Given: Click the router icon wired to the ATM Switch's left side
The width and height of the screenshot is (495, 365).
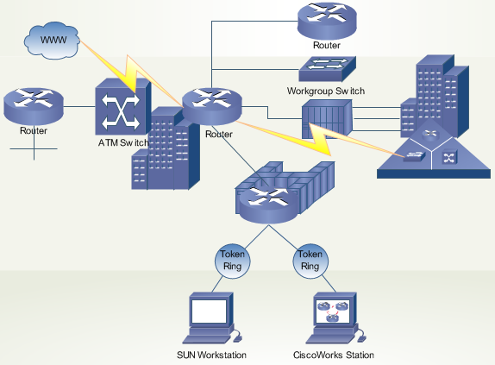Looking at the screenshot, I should click(34, 104).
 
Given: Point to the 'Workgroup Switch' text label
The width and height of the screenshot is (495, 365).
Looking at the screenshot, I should click(326, 91).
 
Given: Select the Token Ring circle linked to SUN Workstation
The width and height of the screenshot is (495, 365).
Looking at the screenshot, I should click(232, 261).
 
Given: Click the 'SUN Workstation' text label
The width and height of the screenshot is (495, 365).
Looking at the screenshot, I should click(212, 356).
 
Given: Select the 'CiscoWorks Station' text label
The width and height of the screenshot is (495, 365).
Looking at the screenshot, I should click(332, 356).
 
